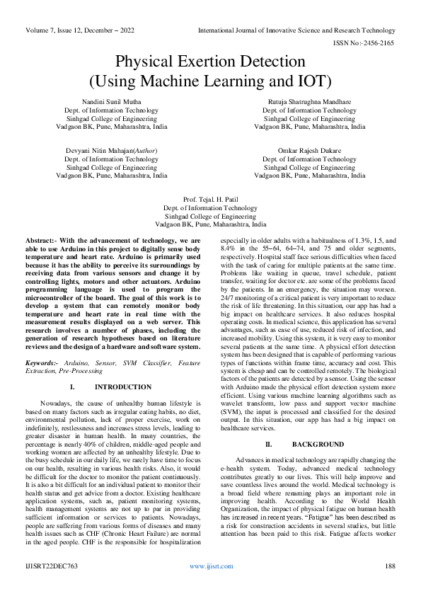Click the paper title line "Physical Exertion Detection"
(x=210, y=62)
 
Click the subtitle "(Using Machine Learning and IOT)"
(x=210, y=80)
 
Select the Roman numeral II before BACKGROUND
(x=268, y=444)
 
